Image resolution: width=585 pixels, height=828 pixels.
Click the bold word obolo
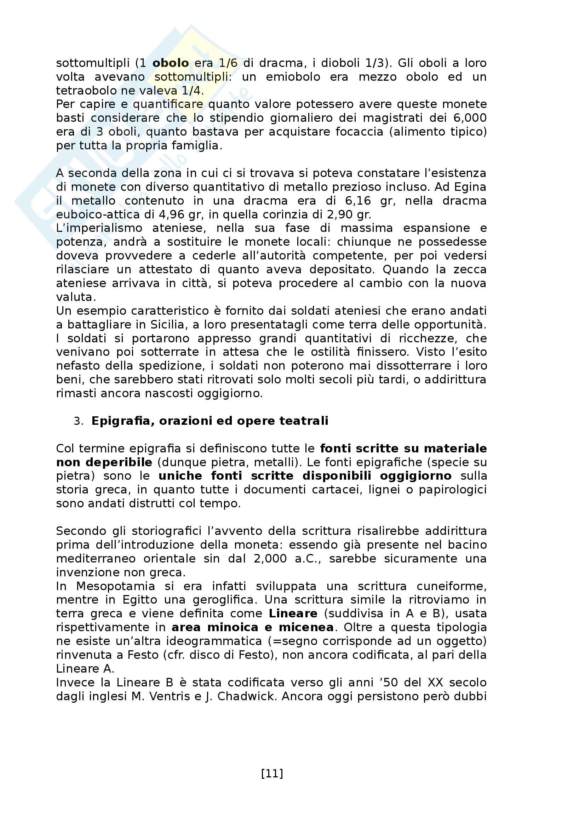[171, 63]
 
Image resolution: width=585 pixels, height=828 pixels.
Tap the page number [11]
[272, 773]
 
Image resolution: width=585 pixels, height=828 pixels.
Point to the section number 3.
[78, 421]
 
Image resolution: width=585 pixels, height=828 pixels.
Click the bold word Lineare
[293, 613]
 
